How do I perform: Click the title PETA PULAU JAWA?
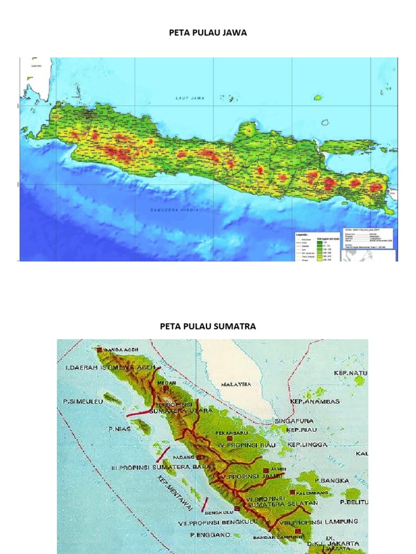[x=208, y=33]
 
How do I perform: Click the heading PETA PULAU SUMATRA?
[x=208, y=326]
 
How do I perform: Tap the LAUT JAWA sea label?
[x=185, y=98]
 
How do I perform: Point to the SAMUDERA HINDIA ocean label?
[x=174, y=210]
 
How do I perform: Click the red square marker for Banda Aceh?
[x=99, y=349]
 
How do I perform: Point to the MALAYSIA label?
[x=236, y=384]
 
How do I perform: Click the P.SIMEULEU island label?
[x=82, y=402]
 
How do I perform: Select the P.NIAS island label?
[x=119, y=428]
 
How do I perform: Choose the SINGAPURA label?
[x=294, y=420]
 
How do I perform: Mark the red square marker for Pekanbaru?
[x=230, y=439]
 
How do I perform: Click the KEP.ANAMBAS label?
[x=315, y=402]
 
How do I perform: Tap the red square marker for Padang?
[x=199, y=457]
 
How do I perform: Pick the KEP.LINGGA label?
[x=307, y=445]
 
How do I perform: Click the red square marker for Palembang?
[x=292, y=492]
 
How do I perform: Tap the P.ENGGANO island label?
[x=210, y=535]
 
